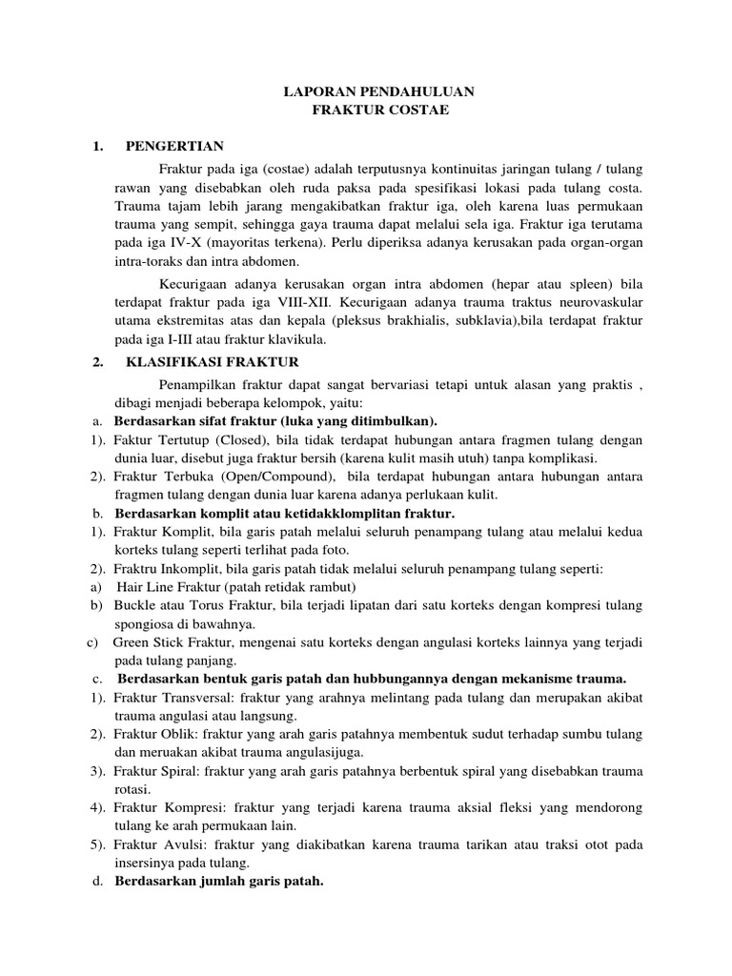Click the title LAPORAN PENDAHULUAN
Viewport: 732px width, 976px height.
[x=366, y=92]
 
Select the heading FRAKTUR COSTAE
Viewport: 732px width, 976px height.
[x=366, y=111]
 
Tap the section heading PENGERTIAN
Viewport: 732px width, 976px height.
[x=174, y=146]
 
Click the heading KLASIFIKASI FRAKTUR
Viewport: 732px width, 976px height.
[x=212, y=362]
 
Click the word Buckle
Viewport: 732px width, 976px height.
[x=134, y=605]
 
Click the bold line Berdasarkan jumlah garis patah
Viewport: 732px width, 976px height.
[x=219, y=882]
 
